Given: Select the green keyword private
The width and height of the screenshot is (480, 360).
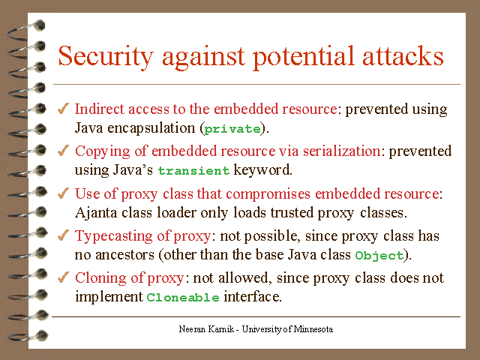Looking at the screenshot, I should [x=233, y=129].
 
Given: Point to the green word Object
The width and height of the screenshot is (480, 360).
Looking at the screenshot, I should [x=379, y=256].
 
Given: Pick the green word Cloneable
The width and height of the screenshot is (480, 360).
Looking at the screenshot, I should [x=183, y=298].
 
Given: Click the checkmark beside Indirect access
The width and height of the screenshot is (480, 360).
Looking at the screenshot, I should [x=64, y=109].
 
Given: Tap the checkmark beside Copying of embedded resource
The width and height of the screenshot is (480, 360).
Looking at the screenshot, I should [x=64, y=151].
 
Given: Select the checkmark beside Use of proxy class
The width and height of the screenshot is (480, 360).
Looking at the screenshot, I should [x=64, y=193].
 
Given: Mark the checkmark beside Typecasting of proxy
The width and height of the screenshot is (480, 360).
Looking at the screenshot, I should [x=64, y=235].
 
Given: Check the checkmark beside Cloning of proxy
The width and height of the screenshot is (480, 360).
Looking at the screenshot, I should [x=64, y=277].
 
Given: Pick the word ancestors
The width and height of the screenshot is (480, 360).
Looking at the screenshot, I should [x=121, y=255].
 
